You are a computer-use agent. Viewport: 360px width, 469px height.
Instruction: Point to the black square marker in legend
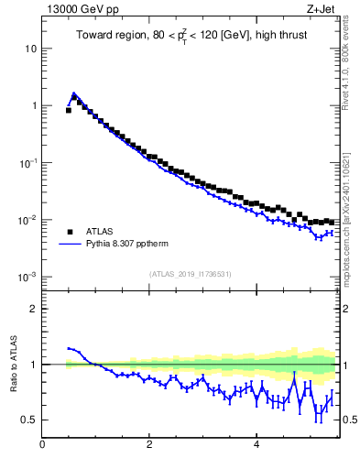71,232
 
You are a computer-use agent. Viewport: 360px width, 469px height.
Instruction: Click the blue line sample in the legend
71,245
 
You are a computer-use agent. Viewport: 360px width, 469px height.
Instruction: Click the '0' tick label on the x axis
42,446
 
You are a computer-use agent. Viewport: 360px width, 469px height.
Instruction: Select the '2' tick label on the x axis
149,446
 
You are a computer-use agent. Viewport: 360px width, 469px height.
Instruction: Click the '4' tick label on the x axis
256,446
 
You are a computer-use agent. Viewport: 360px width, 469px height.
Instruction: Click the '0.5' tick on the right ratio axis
350,420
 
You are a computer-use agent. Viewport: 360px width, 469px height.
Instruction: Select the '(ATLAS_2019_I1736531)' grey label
191,274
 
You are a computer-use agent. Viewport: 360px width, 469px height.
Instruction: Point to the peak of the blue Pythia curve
73,93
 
